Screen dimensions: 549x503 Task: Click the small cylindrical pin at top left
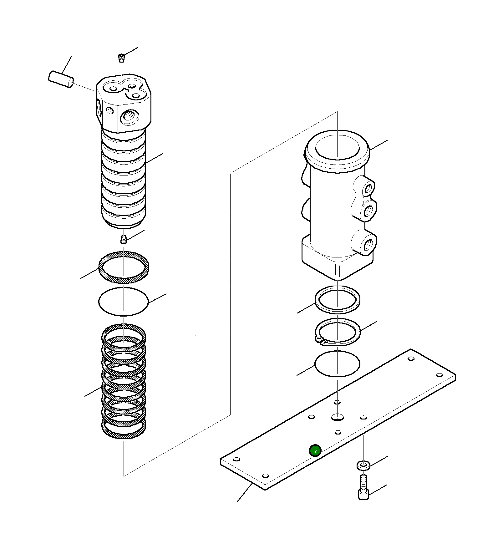(x=61, y=79)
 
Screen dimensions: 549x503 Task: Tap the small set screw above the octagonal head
(x=121, y=58)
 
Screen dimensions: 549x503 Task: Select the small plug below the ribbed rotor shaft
(x=124, y=240)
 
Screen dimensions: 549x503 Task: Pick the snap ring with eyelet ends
(x=338, y=333)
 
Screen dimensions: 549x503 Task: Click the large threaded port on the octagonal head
(x=129, y=117)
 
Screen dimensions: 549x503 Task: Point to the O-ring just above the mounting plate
(x=337, y=363)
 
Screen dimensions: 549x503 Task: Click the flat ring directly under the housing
(x=338, y=299)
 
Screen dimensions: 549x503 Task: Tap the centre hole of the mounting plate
(x=338, y=417)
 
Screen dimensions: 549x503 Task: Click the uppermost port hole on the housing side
(x=369, y=189)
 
